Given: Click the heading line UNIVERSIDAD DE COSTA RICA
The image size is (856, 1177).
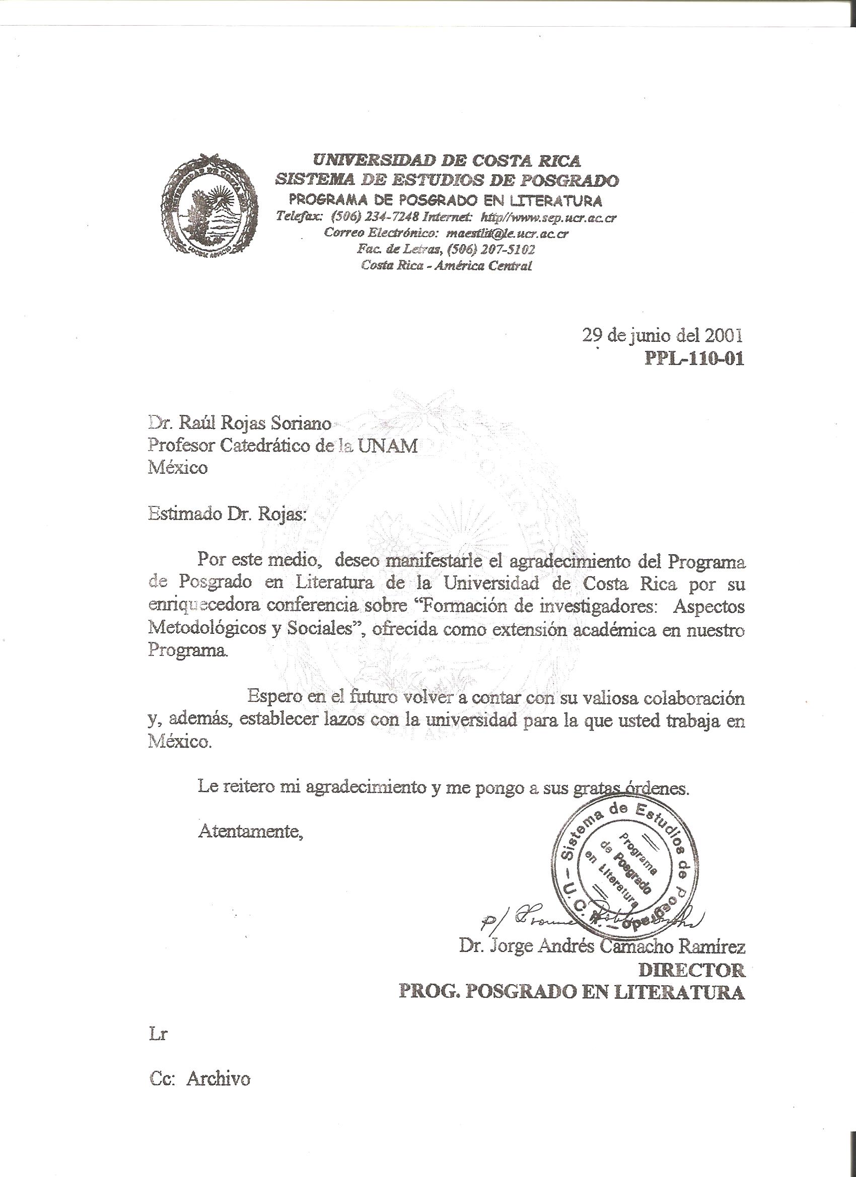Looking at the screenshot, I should pyautogui.click(x=447, y=161).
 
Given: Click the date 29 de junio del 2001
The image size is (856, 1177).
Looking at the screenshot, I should pyautogui.click(x=662, y=336).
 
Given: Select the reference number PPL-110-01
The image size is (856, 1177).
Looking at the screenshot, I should pyautogui.click(x=694, y=358).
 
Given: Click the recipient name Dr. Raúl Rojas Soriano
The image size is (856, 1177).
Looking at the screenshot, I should pyautogui.click(x=240, y=423).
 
